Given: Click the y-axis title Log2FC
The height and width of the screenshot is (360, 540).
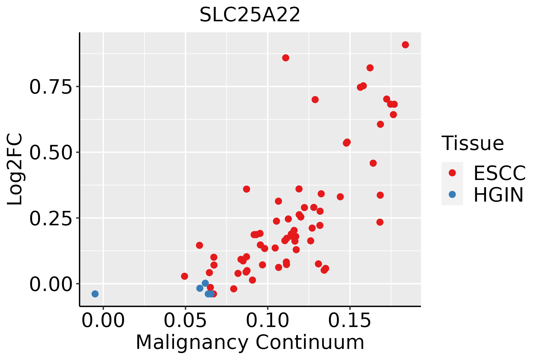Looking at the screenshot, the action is pyautogui.click(x=15, y=169).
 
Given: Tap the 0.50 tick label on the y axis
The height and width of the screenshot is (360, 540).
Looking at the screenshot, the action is pyautogui.click(x=51, y=152).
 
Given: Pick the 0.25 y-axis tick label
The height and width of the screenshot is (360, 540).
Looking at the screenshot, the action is pyautogui.click(x=51, y=218).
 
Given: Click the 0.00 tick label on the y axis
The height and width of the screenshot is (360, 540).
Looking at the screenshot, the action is pyautogui.click(x=51, y=284).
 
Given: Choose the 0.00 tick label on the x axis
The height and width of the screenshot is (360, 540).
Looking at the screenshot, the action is pyautogui.click(x=103, y=321).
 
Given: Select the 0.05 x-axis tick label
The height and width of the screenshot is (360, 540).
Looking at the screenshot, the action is pyautogui.click(x=185, y=321).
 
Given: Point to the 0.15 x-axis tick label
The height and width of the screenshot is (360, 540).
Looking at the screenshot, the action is pyautogui.click(x=350, y=321).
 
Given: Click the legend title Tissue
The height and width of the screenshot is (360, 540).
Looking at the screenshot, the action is pyautogui.click(x=473, y=143).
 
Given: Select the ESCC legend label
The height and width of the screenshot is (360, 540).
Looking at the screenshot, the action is pyautogui.click(x=499, y=173).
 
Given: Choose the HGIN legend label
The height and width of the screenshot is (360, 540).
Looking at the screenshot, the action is pyautogui.click(x=499, y=195).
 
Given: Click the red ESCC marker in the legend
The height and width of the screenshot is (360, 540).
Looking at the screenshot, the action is pyautogui.click(x=452, y=173).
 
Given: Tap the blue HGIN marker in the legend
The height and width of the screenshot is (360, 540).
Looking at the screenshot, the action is pyautogui.click(x=452, y=194).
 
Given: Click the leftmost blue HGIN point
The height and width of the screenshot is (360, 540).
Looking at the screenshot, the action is pyautogui.click(x=95, y=294).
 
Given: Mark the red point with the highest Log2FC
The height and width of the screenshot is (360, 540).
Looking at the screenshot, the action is pyautogui.click(x=405, y=45).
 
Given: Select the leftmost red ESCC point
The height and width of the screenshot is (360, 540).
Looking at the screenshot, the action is pyautogui.click(x=184, y=276).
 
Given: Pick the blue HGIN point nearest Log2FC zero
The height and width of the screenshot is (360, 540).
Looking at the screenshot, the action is pyautogui.click(x=205, y=283).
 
